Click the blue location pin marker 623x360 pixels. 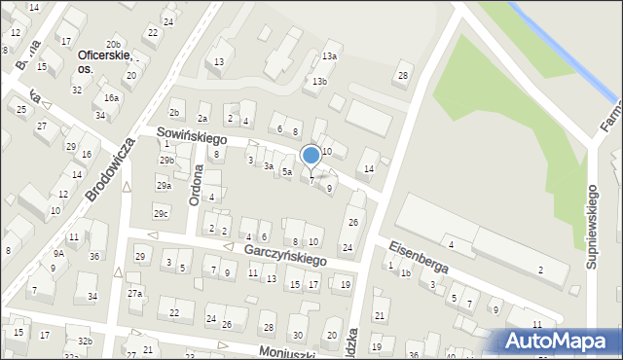pyautogui.click(x=311, y=155)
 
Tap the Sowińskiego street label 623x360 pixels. pyautogui.click(x=185, y=139)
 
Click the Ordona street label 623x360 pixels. pyautogui.click(x=198, y=180)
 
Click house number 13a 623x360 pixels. pyautogui.click(x=330, y=56)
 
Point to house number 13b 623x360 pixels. pyautogui.click(x=319, y=81)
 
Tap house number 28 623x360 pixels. pyautogui.click(x=403, y=76)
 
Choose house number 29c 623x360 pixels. pyautogui.click(x=161, y=213)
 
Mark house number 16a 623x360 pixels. pyautogui.click(x=112, y=97)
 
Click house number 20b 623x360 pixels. pyautogui.click(x=113, y=44)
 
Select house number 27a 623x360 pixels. pyautogui.click(x=134, y=293)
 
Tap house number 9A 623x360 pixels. pyautogui.click(x=58, y=253)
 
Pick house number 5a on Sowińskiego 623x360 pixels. pyautogui.click(x=287, y=172)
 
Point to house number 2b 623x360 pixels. pyautogui.click(x=174, y=114)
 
